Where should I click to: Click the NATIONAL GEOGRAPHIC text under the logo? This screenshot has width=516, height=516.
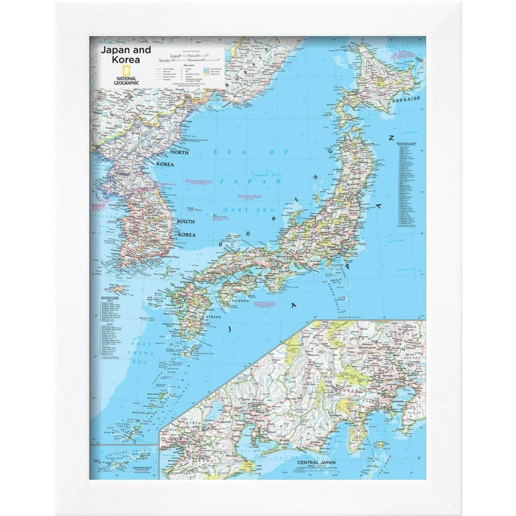point(125,79)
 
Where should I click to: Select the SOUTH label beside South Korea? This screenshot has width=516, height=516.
point(185,221)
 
